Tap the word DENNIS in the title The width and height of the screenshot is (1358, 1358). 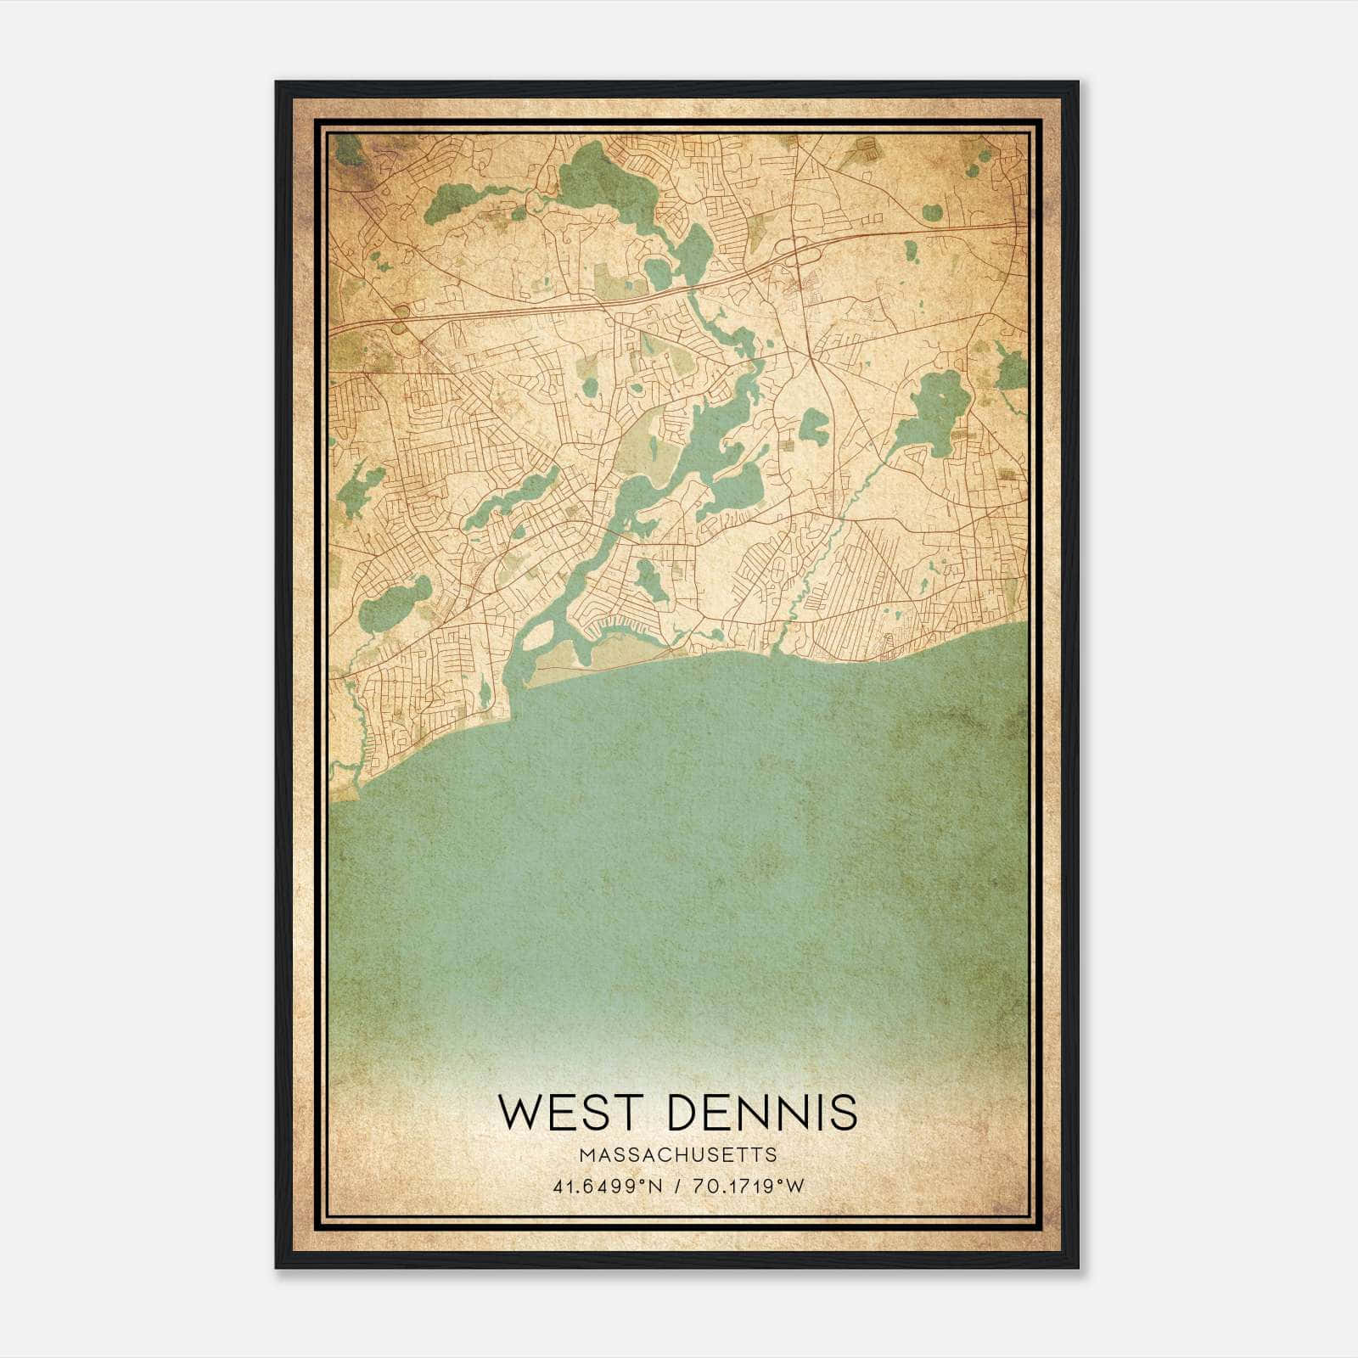click(763, 1113)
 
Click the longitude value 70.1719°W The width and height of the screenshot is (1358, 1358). click(748, 1187)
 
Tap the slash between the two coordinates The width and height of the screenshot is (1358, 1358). click(677, 1187)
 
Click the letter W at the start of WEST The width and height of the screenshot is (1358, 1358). click(519, 1113)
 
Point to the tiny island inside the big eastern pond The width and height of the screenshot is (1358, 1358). click(940, 396)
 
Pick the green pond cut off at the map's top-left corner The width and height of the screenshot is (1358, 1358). click(347, 149)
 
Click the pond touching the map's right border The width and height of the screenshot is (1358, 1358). click(1012, 370)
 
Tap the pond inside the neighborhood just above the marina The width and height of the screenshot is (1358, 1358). click(652, 581)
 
